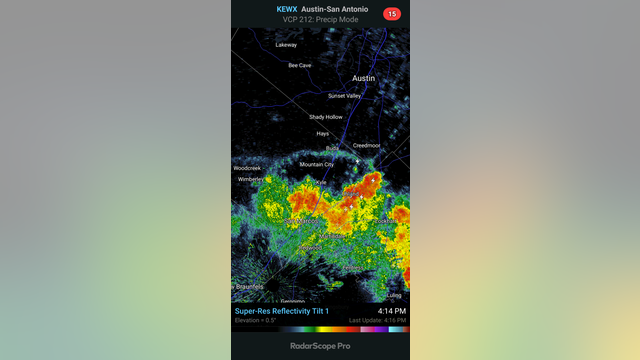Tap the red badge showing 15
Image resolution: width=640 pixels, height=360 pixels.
tap(392, 14)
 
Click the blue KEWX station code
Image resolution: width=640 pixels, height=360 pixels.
tap(287, 9)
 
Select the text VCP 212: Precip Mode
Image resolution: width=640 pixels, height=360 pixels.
tap(319, 20)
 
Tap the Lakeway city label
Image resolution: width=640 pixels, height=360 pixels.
tap(286, 45)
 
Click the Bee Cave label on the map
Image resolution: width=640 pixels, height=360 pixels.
tap(300, 65)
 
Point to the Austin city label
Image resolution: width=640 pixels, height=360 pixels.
tap(363, 78)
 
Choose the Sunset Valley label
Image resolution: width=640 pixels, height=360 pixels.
tap(346, 96)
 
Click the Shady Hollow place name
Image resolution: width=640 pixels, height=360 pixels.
tap(325, 117)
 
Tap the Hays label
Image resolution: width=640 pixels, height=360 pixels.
tap(322, 133)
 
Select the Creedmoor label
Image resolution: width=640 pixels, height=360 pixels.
tap(366, 145)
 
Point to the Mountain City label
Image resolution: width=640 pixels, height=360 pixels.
tap(316, 164)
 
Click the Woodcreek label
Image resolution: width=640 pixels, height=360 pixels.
tap(247, 168)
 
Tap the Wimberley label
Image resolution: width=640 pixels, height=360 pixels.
tap(250, 180)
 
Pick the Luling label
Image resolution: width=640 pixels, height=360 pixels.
tap(395, 295)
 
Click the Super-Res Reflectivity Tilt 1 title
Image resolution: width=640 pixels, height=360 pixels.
tap(286, 311)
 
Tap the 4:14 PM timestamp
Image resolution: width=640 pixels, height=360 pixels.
tap(392, 311)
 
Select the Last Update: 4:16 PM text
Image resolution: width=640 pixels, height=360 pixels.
tap(378, 320)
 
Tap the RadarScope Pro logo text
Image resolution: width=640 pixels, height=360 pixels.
tap(319, 346)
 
